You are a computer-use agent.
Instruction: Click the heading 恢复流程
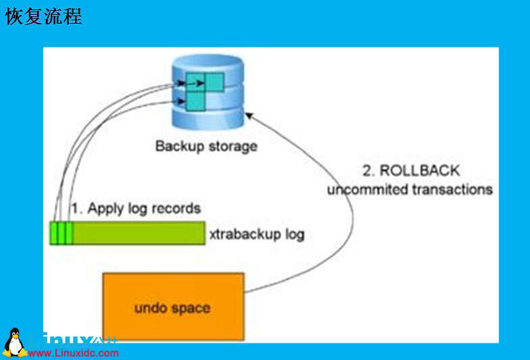coord(44,17)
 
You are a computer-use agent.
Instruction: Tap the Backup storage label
coord(206,146)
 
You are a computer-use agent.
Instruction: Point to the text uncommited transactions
coord(410,189)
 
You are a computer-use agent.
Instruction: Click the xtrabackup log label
coord(256,234)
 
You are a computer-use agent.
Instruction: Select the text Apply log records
coord(144,208)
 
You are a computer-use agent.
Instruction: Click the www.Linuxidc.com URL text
coord(74,353)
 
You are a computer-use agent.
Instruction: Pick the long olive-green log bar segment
coord(138,232)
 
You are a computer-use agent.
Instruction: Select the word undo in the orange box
coord(149,308)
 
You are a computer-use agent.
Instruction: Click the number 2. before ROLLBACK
coord(369,171)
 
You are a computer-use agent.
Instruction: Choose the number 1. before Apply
coord(77,208)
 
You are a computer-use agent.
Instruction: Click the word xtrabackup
coord(244,234)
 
